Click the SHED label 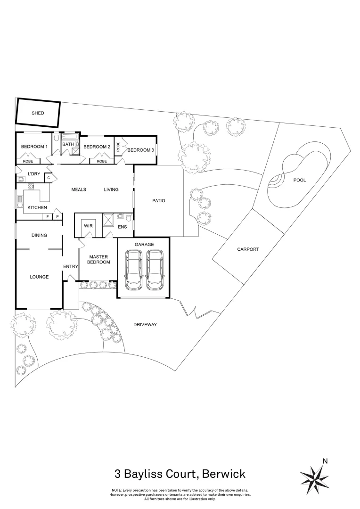(x=38, y=113)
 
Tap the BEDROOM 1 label (x=34, y=147)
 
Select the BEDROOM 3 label (x=141, y=150)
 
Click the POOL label (x=299, y=180)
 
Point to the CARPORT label (x=248, y=249)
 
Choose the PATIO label (x=158, y=201)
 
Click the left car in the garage (x=133, y=269)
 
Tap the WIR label (x=88, y=226)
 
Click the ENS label (x=123, y=227)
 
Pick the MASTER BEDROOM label (x=98, y=259)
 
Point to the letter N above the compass (x=324, y=461)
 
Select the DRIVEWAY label (x=145, y=325)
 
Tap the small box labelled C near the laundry (x=49, y=178)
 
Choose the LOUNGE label (x=39, y=277)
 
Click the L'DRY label (x=33, y=174)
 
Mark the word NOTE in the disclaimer (x=117, y=490)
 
